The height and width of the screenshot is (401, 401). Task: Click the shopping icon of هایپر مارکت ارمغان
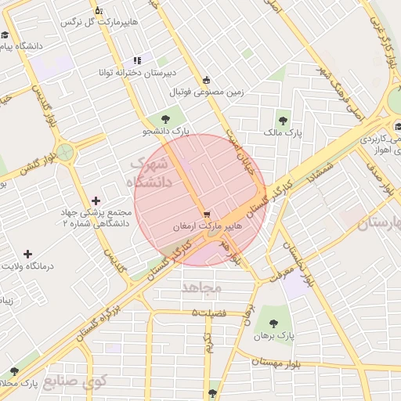point(206,214)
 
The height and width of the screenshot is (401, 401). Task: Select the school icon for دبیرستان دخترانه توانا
point(137,60)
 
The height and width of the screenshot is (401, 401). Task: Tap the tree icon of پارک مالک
point(283,121)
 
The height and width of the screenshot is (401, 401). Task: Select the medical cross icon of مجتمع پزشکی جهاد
point(96,201)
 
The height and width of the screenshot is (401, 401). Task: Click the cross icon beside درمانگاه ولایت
point(28,254)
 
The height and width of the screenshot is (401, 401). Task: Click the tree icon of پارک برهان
point(273,322)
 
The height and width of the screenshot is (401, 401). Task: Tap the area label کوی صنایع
point(76,381)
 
